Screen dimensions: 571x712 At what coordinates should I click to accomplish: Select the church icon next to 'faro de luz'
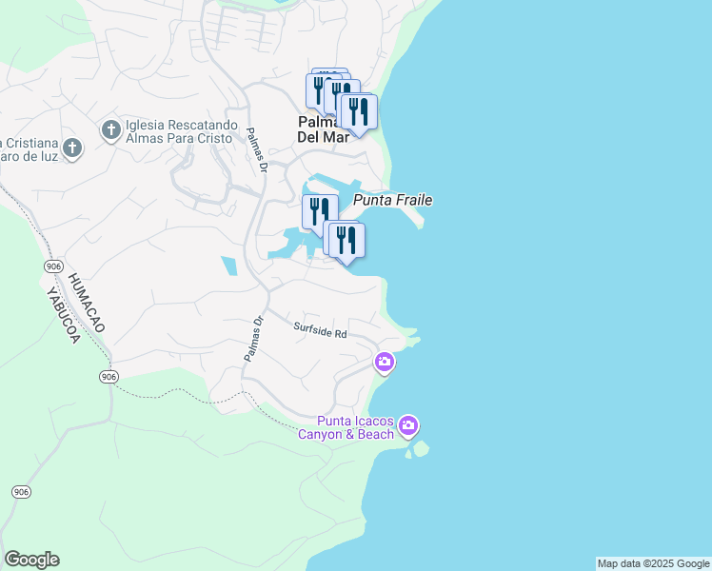[74, 148]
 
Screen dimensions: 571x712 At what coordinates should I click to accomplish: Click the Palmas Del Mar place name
[329, 129]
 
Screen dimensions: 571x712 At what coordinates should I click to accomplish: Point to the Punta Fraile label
[393, 200]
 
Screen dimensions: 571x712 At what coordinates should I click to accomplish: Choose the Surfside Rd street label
[320, 331]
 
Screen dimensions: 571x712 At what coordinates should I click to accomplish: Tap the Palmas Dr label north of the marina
[254, 150]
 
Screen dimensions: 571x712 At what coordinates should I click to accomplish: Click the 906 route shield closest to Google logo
[21, 491]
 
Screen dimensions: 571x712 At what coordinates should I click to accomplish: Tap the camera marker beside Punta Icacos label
[408, 424]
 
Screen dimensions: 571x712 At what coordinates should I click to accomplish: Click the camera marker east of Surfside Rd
[385, 362]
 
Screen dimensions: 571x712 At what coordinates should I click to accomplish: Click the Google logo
[31, 560]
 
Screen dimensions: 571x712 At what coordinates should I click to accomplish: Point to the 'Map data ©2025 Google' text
[653, 563]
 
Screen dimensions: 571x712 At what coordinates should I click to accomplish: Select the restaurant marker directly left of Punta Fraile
[320, 211]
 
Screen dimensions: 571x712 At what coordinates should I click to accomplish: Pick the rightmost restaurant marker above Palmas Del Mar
[358, 110]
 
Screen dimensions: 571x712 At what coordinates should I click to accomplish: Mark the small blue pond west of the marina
[229, 266]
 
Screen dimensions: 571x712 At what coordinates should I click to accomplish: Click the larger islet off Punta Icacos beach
[421, 448]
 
